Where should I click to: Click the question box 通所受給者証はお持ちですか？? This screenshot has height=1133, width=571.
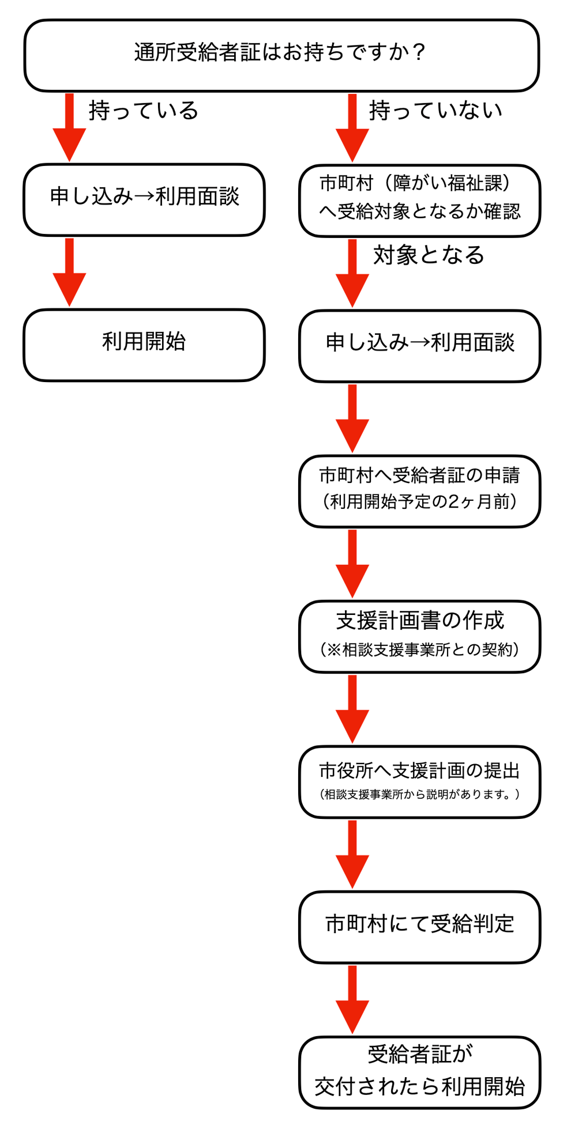coord(281,55)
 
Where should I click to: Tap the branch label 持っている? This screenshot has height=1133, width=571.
coord(144,110)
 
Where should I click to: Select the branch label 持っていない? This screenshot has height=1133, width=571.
coord(435,110)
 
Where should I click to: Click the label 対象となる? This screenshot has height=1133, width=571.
coord(429,255)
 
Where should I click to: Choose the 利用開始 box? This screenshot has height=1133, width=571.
coord(144,345)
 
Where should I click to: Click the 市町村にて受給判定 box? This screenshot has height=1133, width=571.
coord(419,927)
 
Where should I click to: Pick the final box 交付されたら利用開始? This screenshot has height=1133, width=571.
coord(419,1072)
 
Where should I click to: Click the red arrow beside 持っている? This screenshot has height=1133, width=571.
coord(69,128)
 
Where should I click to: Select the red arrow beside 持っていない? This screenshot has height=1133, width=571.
coord(352,128)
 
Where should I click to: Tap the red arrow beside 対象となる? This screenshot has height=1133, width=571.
coord(352,273)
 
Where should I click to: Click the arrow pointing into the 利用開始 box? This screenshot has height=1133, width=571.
coord(69,272)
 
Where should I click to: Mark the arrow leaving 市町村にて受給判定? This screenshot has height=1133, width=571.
coord(352,999)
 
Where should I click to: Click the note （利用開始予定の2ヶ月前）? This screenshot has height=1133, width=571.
coord(419,501)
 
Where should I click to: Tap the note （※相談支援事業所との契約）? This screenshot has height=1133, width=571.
coord(419,649)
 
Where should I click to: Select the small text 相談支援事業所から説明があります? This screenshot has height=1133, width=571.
coord(419,794)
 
